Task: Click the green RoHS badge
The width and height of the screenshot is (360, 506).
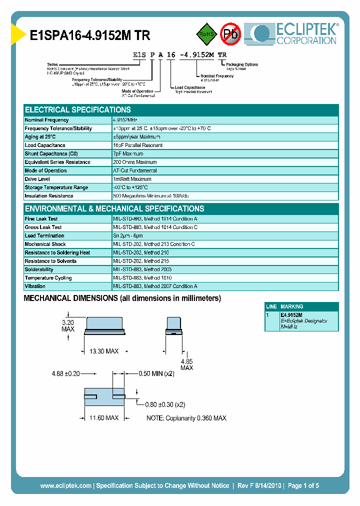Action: click(206, 34)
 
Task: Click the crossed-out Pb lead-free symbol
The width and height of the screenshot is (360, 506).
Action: click(230, 33)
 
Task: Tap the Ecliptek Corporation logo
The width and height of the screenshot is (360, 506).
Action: click(295, 34)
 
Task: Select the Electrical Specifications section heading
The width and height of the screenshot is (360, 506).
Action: click(78, 110)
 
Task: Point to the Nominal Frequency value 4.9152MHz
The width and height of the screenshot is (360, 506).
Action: click(125, 120)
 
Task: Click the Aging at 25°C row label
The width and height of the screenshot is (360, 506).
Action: click(40, 137)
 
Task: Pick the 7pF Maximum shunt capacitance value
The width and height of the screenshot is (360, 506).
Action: click(128, 154)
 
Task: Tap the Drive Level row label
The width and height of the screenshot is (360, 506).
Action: click(37, 179)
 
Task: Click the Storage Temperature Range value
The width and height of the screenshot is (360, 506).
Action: click(130, 187)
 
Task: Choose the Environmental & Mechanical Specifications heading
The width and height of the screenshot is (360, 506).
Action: click(114, 209)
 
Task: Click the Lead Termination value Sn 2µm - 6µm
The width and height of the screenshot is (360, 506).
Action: click(128, 235)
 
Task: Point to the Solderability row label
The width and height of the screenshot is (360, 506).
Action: click(39, 269)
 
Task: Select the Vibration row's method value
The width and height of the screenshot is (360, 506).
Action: click(155, 286)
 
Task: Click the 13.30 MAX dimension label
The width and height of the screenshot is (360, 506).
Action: click(103, 351)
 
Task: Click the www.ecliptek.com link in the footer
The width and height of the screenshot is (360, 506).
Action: click(65, 485)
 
